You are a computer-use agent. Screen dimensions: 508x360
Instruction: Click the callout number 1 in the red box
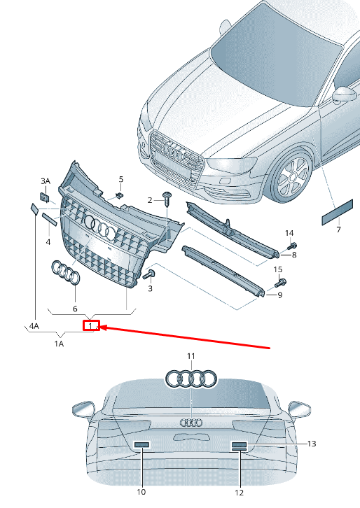pos(90,325)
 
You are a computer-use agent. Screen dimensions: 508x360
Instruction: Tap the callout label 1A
pos(59,344)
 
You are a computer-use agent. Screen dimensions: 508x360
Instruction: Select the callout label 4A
pos(34,325)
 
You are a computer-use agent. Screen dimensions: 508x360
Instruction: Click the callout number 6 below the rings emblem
pos(75,308)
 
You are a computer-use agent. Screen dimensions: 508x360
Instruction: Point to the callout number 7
pos(338,230)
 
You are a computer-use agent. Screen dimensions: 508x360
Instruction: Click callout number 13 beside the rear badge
pos(312,444)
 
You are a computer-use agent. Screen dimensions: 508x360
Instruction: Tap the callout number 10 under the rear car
pos(141,492)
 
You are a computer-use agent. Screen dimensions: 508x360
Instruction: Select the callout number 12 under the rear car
pos(240,492)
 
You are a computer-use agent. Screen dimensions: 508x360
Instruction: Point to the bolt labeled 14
pos(293,246)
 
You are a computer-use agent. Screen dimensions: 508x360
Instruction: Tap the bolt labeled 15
pos(282,283)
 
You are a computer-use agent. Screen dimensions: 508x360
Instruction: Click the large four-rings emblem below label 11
pos(191,379)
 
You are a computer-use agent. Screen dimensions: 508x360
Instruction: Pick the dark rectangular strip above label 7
pos(339,211)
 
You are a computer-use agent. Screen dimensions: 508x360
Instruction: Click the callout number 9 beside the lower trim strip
pos(279,295)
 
